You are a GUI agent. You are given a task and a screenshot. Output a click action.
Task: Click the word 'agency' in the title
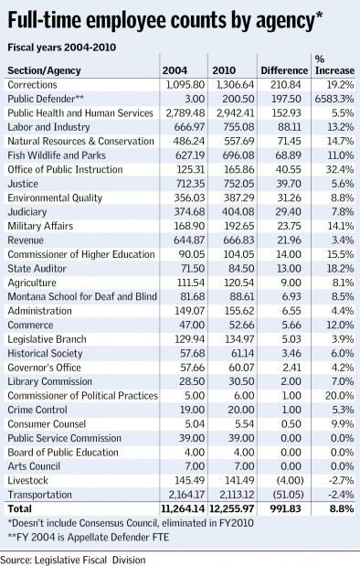coord(285,22)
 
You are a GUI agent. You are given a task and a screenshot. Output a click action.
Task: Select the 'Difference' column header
coord(284,70)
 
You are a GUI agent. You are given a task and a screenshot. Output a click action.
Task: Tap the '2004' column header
coord(175,70)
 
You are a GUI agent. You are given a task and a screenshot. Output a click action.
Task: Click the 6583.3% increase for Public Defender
coord(334,99)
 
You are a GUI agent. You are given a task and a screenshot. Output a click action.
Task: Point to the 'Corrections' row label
coord(32,85)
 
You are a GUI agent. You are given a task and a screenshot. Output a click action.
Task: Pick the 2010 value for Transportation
coord(236,495)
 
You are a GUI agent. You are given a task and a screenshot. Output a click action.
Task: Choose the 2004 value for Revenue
coord(189,240)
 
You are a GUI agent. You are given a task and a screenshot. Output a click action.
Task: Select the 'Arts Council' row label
coord(34,466)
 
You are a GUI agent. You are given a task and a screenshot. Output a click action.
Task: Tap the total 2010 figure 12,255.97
coord(233,509)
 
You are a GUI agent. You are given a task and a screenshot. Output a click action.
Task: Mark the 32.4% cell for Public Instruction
coord(340,170)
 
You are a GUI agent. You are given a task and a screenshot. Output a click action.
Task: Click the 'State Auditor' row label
coord(37,269)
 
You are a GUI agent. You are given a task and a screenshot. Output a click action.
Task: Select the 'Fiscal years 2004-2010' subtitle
coord(62,48)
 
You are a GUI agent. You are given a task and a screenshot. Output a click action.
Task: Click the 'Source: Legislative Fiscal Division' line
coord(73,560)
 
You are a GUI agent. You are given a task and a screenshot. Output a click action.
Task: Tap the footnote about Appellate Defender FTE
coord(89,538)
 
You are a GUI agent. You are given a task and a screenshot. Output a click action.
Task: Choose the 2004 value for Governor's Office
coord(192,368)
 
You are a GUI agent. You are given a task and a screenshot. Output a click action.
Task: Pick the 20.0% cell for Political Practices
coord(339,396)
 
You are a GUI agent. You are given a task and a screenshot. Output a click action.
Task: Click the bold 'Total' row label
coord(20,509)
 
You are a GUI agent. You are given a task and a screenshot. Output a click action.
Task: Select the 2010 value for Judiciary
coord(238,212)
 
